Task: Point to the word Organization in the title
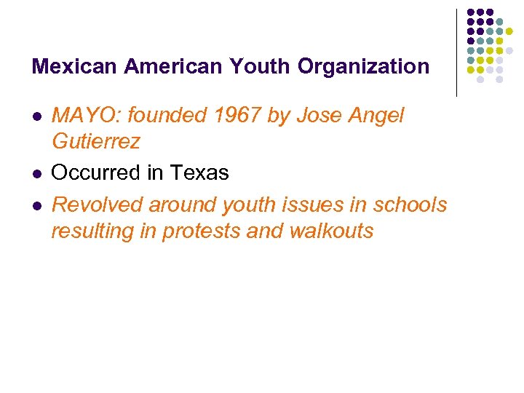click(364, 67)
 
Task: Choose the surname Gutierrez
click(95, 141)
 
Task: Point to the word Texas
click(199, 173)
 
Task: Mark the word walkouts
click(331, 231)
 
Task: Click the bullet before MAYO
click(36, 116)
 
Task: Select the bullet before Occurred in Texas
click(36, 174)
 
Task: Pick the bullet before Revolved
click(36, 206)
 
